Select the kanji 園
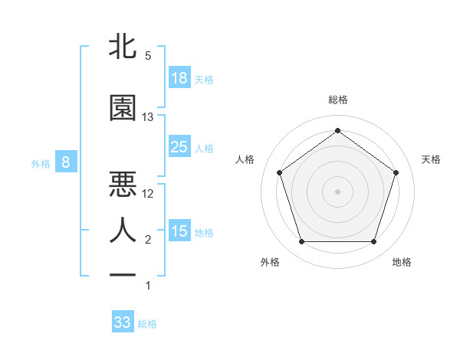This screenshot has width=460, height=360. click(123, 108)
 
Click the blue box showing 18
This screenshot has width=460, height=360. click(179, 78)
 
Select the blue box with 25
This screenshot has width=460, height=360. click(179, 147)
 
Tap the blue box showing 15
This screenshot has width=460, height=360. click(179, 231)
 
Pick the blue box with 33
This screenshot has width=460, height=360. click(123, 322)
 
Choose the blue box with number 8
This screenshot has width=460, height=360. click(66, 162)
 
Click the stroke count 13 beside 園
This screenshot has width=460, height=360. click(148, 117)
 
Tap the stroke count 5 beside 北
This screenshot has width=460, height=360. click(148, 56)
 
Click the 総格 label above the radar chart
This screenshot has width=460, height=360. click(337, 100)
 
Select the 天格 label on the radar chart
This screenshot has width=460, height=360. click(431, 159)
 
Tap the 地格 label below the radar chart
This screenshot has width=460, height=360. click(402, 262)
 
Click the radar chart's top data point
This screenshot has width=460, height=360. click(337, 130)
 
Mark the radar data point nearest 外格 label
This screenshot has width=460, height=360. click(301, 242)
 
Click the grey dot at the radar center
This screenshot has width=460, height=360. click(337, 191)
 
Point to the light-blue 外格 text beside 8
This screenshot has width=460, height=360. click(40, 163)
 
